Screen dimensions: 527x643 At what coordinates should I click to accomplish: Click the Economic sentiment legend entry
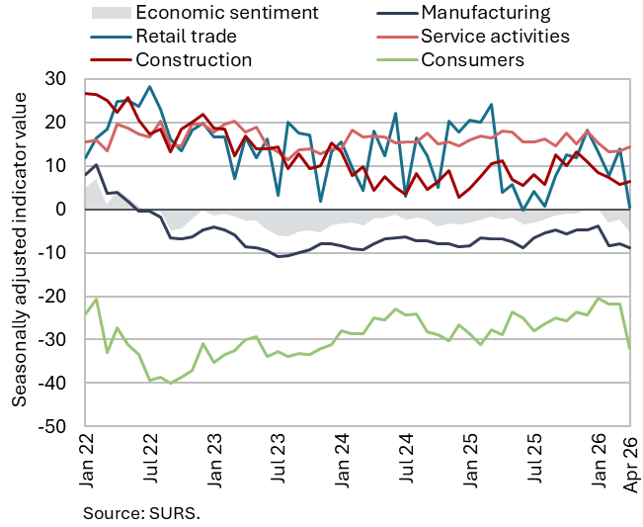pyautogui.click(x=227, y=13)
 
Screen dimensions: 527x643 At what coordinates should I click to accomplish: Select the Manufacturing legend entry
pyautogui.click(x=485, y=13)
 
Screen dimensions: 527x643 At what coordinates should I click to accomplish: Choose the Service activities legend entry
pyautogui.click(x=495, y=37)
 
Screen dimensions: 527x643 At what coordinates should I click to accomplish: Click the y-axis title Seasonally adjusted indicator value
pyautogui.click(x=19, y=252)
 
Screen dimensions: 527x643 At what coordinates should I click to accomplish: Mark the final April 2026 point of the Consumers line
pyautogui.click(x=630, y=348)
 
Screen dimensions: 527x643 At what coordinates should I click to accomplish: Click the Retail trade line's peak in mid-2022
pyautogui.click(x=149, y=87)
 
